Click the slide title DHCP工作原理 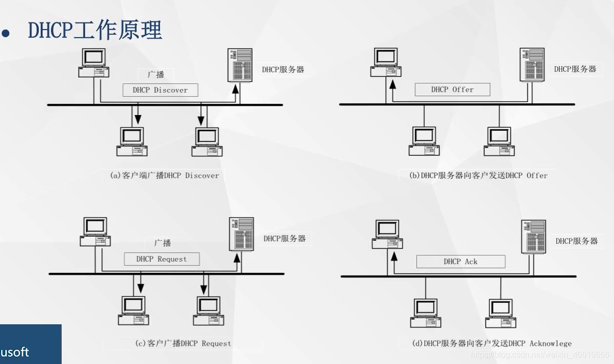tap(95, 31)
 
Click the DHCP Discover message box tap(160, 90)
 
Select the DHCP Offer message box tap(452, 90)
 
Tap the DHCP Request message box tap(162, 259)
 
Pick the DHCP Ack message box tap(461, 262)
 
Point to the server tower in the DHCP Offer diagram tap(532, 64)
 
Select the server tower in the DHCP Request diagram tap(242, 234)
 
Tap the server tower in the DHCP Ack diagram tap(533, 236)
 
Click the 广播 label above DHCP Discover tap(156, 74)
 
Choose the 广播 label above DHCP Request tap(163, 243)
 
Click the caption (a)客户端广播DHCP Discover tap(165, 176)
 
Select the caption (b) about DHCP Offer tap(478, 176)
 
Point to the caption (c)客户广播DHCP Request tap(183, 344)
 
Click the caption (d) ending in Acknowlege tap(492, 344)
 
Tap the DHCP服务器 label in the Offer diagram tap(575, 69)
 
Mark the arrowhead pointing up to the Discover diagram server tap(235, 89)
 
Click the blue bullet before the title tap(6, 34)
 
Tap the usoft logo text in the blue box tap(14, 352)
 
